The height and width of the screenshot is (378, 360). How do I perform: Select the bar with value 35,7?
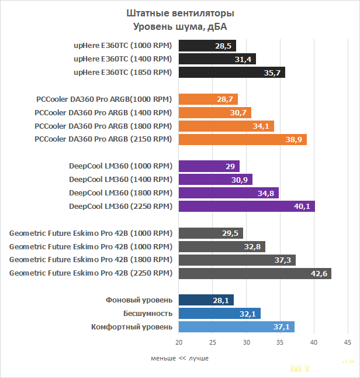click(x=231, y=72)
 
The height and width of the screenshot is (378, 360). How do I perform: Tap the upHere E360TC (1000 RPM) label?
click(x=123, y=45)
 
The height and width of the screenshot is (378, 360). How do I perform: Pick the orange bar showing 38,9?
click(x=243, y=139)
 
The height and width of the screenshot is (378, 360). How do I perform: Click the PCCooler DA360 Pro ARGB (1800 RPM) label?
click(x=103, y=126)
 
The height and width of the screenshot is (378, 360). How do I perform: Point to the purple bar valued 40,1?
click(x=247, y=206)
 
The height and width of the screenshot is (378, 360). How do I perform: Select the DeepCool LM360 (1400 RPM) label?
click(x=120, y=179)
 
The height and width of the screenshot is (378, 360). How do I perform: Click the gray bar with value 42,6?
click(x=255, y=273)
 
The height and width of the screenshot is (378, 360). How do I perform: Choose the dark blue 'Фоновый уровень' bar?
click(x=206, y=300)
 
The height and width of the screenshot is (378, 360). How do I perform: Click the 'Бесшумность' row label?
click(x=147, y=313)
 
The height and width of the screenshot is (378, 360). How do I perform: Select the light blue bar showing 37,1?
click(x=236, y=327)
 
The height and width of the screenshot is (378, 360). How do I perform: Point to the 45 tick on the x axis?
click(x=347, y=342)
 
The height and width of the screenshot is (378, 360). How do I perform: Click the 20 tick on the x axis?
click(x=179, y=342)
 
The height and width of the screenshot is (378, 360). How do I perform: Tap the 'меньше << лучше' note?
click(x=179, y=358)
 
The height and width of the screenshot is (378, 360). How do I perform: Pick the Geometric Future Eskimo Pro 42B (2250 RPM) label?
click(x=91, y=273)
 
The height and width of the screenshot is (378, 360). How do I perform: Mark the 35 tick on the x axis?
click(x=280, y=342)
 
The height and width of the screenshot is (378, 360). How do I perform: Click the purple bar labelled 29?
click(x=209, y=166)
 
